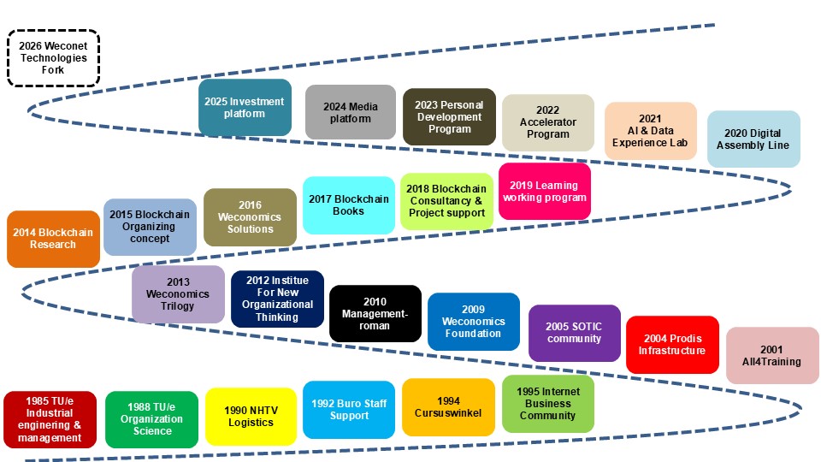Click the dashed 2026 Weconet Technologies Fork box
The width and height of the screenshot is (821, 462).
54,57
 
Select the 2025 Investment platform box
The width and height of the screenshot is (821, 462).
245,108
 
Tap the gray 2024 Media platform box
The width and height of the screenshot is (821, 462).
350,112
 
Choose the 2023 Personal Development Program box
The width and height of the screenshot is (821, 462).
449,117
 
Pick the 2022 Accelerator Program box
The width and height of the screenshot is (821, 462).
548,122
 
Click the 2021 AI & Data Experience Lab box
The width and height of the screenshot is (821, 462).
650,131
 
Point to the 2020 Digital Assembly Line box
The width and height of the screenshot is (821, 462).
753,139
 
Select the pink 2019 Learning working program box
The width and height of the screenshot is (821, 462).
545,192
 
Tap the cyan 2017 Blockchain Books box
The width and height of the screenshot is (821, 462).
348,204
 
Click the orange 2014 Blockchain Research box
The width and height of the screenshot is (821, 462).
53,238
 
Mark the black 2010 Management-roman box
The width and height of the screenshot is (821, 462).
375,314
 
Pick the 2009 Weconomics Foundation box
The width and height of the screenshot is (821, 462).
474,322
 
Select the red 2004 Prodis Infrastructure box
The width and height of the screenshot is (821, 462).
672,344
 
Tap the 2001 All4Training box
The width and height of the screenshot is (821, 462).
771,355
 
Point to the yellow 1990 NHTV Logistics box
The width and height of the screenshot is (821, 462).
251,417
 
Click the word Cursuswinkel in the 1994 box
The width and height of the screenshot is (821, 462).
448,412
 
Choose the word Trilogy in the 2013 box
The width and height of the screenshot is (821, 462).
177,306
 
